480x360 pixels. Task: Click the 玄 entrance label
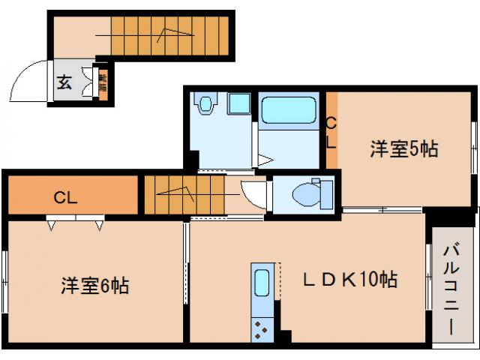[64, 82]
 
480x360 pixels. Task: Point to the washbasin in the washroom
[205, 103]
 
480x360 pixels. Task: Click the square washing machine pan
[240, 103]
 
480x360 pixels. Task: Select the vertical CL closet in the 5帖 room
[331, 131]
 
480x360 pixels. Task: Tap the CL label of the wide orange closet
[64, 198]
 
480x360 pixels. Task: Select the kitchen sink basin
[262, 283]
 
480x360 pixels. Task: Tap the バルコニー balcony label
[450, 289]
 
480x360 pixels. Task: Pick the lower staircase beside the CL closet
[184, 193]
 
